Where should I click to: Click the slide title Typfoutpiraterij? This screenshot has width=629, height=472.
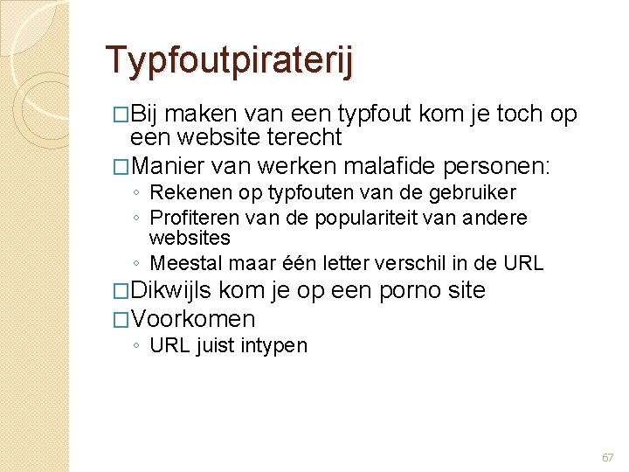230,60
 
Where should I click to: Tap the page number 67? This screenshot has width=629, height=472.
607,457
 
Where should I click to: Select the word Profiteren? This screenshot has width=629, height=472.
195,217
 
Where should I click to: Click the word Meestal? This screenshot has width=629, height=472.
182,263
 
